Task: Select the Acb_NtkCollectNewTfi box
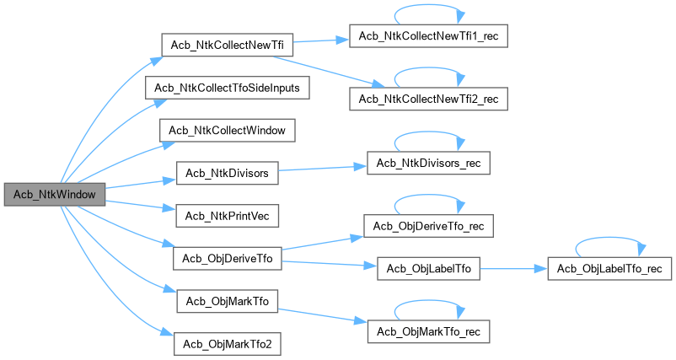217,45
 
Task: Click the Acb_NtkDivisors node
227,174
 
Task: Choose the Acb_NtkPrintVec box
227,216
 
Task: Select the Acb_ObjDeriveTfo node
227,259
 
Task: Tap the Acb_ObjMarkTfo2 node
227,344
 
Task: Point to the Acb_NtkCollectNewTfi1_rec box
428,39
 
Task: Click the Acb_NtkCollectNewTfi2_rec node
428,99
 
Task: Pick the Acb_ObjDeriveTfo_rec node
428,226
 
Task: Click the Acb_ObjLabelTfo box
428,270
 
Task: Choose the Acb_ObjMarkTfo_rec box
428,330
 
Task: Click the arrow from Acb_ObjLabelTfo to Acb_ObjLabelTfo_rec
514,270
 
